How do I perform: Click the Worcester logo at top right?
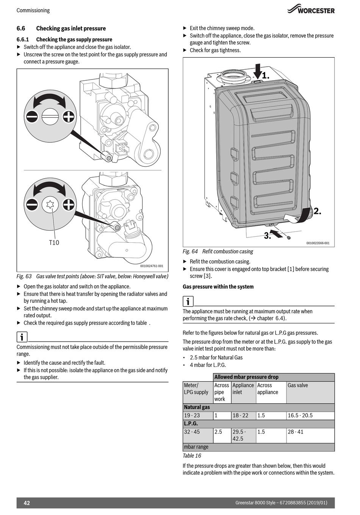(311, 10)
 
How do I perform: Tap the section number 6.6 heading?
(21, 28)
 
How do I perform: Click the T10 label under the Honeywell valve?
(54, 242)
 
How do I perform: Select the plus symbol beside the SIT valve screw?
(68, 116)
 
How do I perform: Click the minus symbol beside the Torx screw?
(32, 205)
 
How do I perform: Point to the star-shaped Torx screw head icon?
(50, 205)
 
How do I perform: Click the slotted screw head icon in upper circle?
(50, 116)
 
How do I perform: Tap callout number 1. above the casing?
(265, 75)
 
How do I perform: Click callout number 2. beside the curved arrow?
(317, 211)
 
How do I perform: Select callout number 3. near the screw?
(268, 236)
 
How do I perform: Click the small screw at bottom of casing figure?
(289, 238)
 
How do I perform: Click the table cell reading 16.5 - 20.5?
(300, 415)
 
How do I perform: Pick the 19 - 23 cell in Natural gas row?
(192, 415)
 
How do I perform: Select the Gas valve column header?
(298, 385)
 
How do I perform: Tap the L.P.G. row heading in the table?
(191, 424)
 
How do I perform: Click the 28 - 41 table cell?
(296, 432)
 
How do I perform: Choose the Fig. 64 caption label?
(190, 251)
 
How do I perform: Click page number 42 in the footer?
(27, 503)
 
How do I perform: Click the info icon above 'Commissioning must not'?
(22, 337)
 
